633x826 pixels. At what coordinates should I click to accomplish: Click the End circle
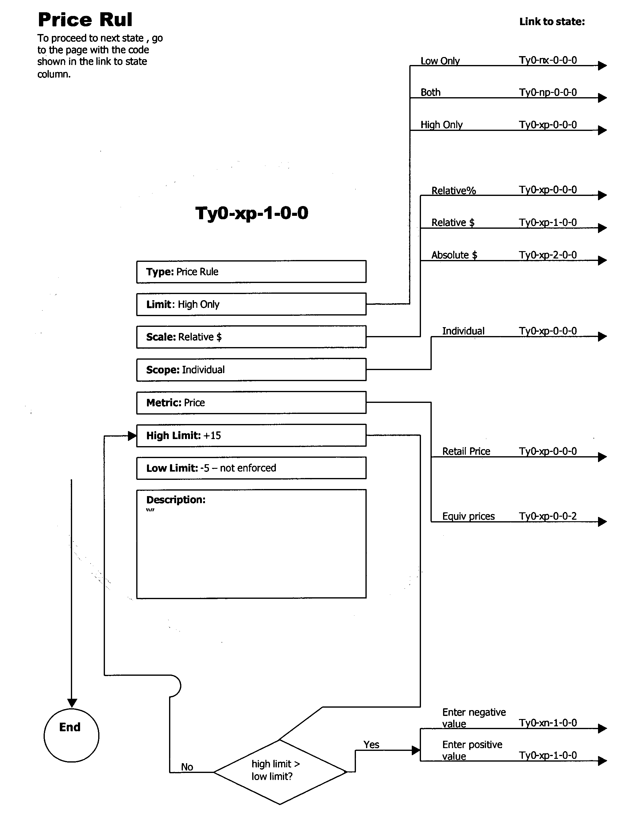71,735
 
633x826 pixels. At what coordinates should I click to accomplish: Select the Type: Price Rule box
251,271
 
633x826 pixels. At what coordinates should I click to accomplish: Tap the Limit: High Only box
251,304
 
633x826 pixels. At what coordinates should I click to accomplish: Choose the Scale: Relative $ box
251,337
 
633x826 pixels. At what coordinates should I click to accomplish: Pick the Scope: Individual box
251,370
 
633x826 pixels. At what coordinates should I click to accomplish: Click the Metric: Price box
251,403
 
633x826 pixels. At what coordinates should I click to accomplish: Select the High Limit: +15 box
251,435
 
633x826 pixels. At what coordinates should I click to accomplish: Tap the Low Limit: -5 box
251,468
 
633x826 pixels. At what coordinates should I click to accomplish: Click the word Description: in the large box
176,499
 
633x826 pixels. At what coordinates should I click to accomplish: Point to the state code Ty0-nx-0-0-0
547,60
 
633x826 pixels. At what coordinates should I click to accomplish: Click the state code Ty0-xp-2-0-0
547,255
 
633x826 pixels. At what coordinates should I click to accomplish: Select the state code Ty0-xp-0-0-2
547,516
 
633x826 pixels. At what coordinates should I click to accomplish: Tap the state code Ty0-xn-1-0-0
547,722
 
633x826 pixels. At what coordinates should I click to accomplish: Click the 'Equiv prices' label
468,516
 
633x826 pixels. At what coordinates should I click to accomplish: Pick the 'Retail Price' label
466,451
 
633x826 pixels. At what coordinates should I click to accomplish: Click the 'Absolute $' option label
454,255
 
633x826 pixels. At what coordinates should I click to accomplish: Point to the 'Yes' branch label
371,744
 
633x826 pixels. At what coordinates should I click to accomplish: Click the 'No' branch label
187,767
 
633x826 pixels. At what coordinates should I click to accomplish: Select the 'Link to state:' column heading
552,22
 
